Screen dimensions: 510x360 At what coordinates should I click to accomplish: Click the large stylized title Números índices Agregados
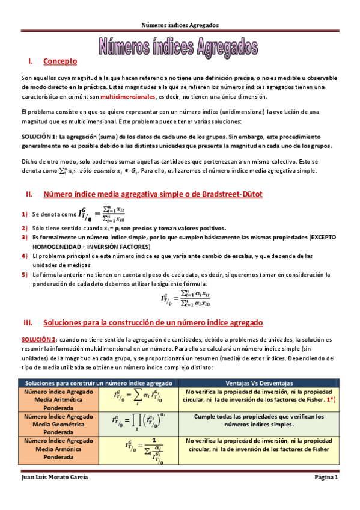tap(180, 46)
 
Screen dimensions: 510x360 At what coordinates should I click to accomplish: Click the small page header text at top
tap(180, 25)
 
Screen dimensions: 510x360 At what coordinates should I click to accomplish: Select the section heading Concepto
tap(60, 61)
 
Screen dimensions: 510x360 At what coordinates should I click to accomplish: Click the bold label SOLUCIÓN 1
tap(39, 137)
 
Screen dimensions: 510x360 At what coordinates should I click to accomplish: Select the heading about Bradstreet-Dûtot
tap(153, 194)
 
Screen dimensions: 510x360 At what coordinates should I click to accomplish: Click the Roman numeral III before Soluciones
tap(28, 323)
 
